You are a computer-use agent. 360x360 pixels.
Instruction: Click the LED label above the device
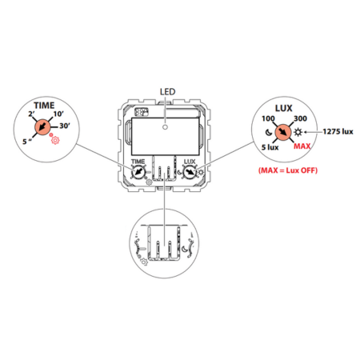[x=167, y=92]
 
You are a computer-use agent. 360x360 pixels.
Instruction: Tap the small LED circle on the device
[x=165, y=127]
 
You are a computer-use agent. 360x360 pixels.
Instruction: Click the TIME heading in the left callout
[x=44, y=106]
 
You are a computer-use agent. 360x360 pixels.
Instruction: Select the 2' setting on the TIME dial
[x=31, y=114]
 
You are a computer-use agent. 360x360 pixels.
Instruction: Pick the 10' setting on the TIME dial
[x=58, y=114]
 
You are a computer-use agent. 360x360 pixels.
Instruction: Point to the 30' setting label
[x=65, y=126]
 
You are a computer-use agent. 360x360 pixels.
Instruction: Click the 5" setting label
[x=27, y=142]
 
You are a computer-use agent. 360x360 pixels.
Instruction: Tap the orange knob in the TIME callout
[x=42, y=127]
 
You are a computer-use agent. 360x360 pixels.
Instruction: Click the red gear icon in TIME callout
[x=55, y=140]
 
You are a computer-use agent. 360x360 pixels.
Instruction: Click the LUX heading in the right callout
[x=284, y=108]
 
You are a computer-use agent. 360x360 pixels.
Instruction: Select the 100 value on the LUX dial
[x=268, y=118]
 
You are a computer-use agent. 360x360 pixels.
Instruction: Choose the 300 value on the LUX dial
[x=300, y=118]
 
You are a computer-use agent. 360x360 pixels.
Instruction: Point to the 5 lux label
[x=270, y=147]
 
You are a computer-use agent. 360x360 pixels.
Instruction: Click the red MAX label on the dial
[x=302, y=146]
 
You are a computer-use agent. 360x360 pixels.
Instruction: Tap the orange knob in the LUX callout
[x=283, y=132]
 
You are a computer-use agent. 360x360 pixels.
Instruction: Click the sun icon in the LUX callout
[x=298, y=132]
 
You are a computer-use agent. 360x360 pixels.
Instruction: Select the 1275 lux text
[x=338, y=131]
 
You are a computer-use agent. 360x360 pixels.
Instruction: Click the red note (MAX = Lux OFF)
[x=288, y=170]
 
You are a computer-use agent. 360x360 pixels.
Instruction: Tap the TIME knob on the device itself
[x=138, y=172]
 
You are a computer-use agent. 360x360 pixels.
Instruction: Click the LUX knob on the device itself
[x=190, y=172]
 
